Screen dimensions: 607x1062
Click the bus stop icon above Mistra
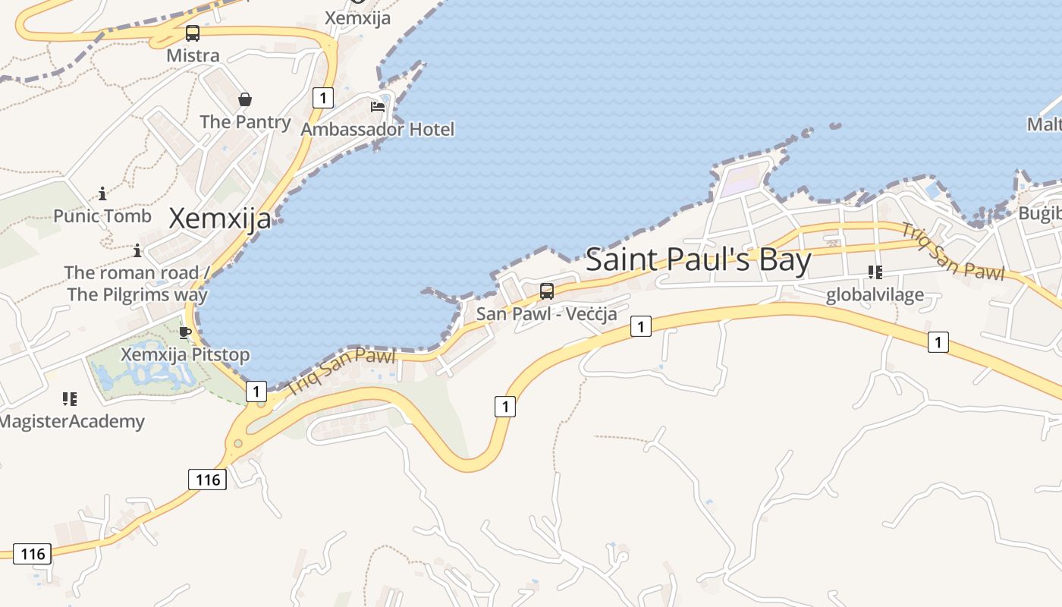[x=193, y=33]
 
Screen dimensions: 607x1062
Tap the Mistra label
[x=193, y=55]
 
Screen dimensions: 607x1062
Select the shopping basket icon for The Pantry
[x=245, y=99]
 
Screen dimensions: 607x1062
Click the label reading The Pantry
[x=245, y=121]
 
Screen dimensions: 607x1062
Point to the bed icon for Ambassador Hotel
[x=378, y=106]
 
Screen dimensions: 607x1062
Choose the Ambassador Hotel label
[x=378, y=129]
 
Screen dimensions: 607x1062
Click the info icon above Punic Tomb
[x=102, y=193]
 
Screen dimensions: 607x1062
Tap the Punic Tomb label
[x=102, y=215]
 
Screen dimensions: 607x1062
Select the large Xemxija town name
[x=220, y=219]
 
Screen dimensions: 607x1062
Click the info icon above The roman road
[x=137, y=250]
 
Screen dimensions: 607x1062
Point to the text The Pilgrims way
[x=137, y=294]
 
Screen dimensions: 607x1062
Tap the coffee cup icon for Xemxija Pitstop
[x=184, y=332]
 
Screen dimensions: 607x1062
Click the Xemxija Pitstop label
[x=185, y=354]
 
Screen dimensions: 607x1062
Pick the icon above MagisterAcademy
[x=70, y=398]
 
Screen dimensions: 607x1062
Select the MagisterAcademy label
[x=72, y=421]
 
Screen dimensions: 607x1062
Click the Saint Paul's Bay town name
[x=699, y=259]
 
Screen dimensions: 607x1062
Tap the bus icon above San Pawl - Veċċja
[x=546, y=291]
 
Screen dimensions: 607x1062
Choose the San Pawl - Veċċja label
[x=546, y=313]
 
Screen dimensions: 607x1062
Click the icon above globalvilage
[x=875, y=272]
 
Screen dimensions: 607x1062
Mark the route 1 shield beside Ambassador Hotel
[x=323, y=97]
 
